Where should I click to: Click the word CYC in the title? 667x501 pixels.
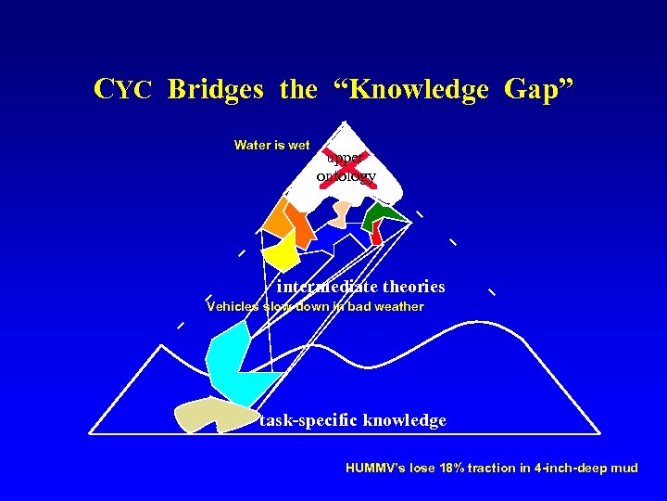(x=122, y=90)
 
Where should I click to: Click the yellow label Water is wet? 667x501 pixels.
(x=271, y=145)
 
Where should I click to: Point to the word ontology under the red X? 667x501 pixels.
(x=346, y=176)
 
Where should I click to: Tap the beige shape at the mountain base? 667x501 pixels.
(x=205, y=415)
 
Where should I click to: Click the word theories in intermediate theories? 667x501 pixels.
(x=407, y=287)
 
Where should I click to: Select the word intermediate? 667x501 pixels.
(x=321, y=287)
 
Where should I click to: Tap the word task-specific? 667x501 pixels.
(x=308, y=420)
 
